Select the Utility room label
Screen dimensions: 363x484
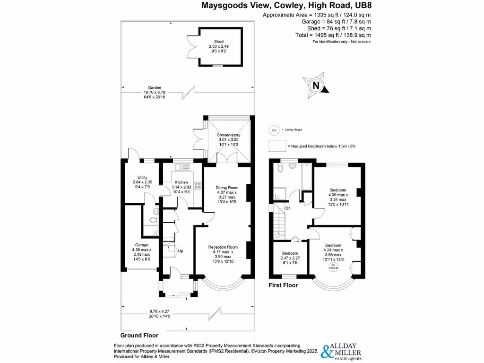coord(143,177)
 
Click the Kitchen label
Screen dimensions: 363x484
coord(181,182)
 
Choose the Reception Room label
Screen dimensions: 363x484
coord(224,247)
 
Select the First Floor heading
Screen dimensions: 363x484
coord(283,285)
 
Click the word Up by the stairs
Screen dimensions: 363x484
coord(181,250)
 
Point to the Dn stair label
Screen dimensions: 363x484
coord(288,208)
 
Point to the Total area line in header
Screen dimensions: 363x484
coord(340,35)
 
